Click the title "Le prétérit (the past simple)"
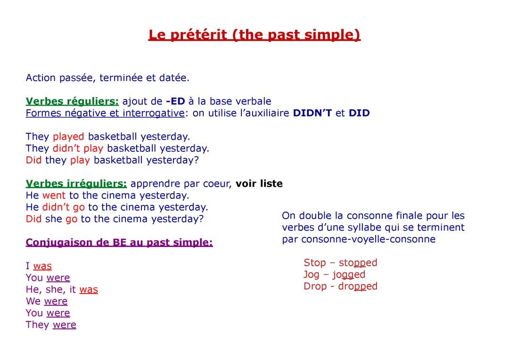coord(254,35)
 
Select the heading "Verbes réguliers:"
coord(72,101)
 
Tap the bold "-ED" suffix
coord(175,101)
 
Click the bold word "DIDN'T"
coord(312,113)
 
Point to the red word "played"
coord(68,137)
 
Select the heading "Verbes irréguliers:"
coord(76,184)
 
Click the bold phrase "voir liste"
coord(259,184)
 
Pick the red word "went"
coord(54,196)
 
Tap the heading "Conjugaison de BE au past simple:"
coord(119,243)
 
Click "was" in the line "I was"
coord(42,266)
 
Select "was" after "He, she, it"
coord(89,290)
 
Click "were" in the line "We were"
coord(56,302)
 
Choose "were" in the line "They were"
coord(64,325)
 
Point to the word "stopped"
coord(358,263)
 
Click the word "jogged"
coord(349,275)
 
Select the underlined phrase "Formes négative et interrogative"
coord(105,113)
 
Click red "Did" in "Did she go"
coord(33,219)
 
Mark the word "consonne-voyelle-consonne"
coord(368,239)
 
